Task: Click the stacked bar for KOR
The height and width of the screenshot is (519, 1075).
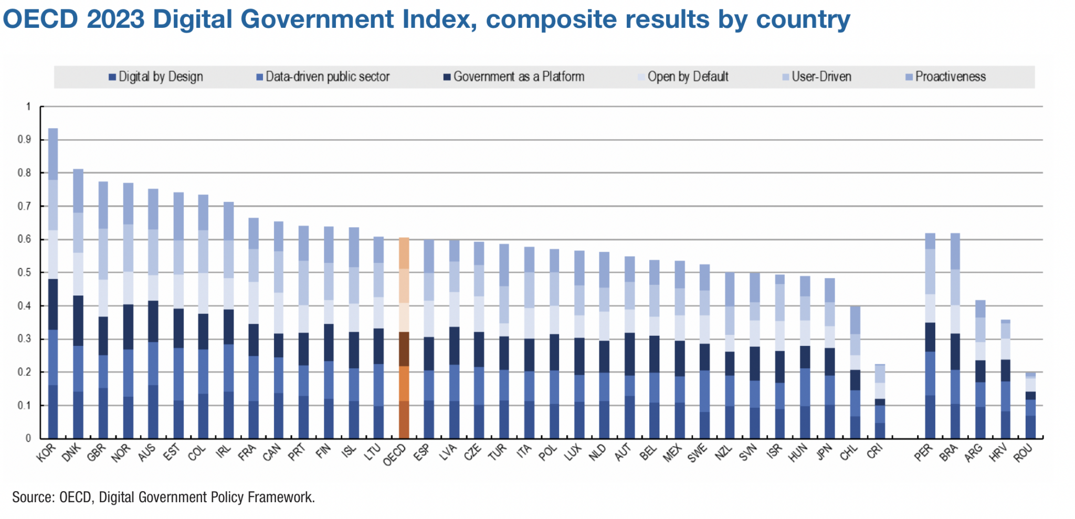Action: [x=53, y=283]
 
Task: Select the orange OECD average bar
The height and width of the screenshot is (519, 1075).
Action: [x=404, y=338]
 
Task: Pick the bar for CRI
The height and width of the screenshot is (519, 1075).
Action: [x=880, y=401]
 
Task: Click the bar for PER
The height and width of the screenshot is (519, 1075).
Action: [x=930, y=336]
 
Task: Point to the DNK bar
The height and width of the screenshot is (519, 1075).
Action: [x=78, y=304]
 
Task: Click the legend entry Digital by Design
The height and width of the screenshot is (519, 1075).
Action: [x=156, y=77]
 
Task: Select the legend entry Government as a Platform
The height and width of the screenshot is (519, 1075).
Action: [x=514, y=77]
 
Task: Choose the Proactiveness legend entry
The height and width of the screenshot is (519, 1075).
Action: [x=946, y=77]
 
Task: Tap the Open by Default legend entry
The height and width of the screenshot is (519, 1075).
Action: [x=683, y=77]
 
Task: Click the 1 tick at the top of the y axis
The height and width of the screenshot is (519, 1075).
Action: [x=28, y=107]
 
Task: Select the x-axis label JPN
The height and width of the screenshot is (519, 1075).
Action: [x=825, y=452]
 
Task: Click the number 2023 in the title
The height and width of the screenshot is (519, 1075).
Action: [x=115, y=19]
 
